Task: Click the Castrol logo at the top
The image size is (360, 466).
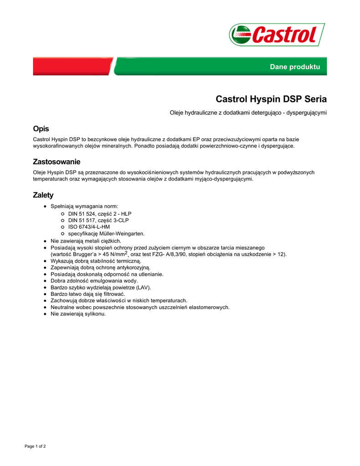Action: (277, 35)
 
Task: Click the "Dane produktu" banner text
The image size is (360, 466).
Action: (295, 67)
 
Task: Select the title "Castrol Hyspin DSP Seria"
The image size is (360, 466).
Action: (271, 99)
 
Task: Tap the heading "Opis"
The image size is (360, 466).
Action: (41, 129)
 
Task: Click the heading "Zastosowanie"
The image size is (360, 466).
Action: (56, 162)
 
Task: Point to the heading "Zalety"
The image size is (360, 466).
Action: (43, 195)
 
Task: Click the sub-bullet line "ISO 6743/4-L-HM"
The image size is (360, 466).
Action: (89, 227)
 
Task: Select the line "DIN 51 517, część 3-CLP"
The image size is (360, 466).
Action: (98, 220)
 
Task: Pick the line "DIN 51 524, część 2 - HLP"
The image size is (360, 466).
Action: (100, 213)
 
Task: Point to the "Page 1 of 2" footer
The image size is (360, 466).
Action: (35, 446)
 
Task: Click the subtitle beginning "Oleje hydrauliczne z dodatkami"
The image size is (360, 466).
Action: (248, 112)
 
